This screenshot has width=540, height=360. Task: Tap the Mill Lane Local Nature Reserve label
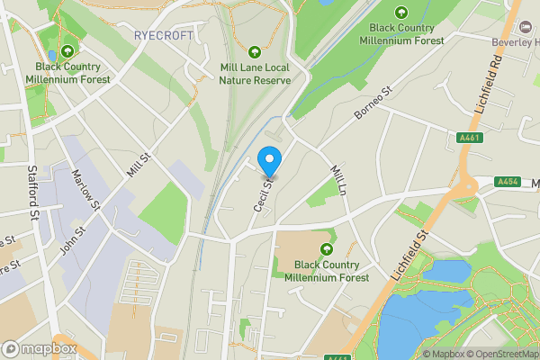(x=256, y=73)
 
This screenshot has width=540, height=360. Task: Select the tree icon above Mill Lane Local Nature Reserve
(x=256, y=51)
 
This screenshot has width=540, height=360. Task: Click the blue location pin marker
(x=269, y=160)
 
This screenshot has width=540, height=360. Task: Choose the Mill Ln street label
(x=338, y=181)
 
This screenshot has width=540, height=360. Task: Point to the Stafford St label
(x=33, y=190)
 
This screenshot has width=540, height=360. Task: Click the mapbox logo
(x=40, y=349)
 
